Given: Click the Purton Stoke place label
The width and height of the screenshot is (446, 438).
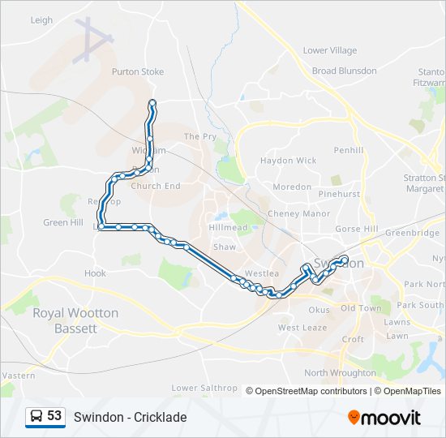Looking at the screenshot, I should [137, 71].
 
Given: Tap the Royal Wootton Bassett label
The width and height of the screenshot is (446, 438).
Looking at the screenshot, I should [75, 320].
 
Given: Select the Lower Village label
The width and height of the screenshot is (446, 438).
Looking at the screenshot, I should [329, 50].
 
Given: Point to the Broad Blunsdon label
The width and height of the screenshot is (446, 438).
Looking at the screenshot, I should [344, 71].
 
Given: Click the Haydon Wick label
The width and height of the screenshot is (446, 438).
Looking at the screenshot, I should [288, 161].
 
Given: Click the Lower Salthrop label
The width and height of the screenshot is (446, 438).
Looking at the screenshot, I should [204, 388].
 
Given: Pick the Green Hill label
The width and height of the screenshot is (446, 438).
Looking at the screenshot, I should [63, 222].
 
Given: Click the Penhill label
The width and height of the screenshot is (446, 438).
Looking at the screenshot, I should [349, 150].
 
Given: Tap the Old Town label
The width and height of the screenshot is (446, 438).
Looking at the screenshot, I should [360, 308].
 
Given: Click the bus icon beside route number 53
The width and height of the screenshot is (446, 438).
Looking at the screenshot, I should [36, 416].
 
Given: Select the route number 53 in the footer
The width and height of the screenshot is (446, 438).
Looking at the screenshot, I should [54, 416].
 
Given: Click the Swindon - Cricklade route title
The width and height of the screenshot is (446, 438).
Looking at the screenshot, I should [130, 417].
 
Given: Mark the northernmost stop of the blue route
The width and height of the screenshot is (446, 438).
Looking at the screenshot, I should [152, 102].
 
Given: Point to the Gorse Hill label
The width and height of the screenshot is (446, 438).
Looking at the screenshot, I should [357, 229].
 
